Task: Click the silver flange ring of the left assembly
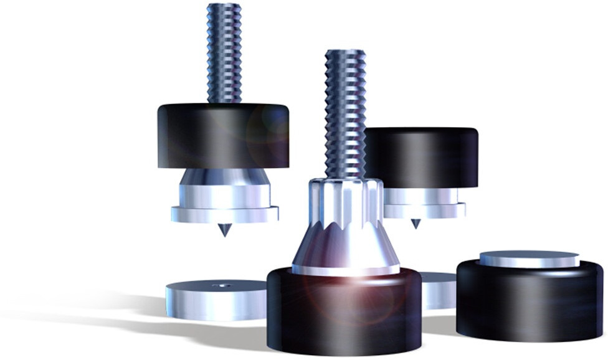tap(225, 214)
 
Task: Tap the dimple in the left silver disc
tap(224, 286)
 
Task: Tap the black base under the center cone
tap(343, 318)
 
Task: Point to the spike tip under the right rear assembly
tap(416, 224)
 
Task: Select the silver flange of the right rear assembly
tap(424, 211)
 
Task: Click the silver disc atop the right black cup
tap(530, 258)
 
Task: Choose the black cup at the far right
tap(530, 302)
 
